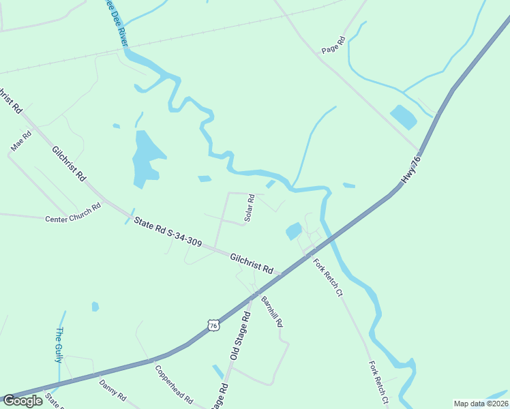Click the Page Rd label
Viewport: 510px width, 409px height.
click(x=334, y=46)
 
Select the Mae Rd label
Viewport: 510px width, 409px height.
click(x=17, y=142)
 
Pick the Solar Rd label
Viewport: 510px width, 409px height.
click(x=250, y=208)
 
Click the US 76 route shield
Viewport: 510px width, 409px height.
click(x=214, y=326)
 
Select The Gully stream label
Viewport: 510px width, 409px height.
click(x=59, y=344)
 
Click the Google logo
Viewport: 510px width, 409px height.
click(x=22, y=400)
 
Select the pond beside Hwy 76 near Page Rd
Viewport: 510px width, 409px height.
click(x=403, y=117)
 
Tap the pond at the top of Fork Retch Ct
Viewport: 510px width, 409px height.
click(x=294, y=231)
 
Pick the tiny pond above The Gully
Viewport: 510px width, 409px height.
click(x=95, y=307)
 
